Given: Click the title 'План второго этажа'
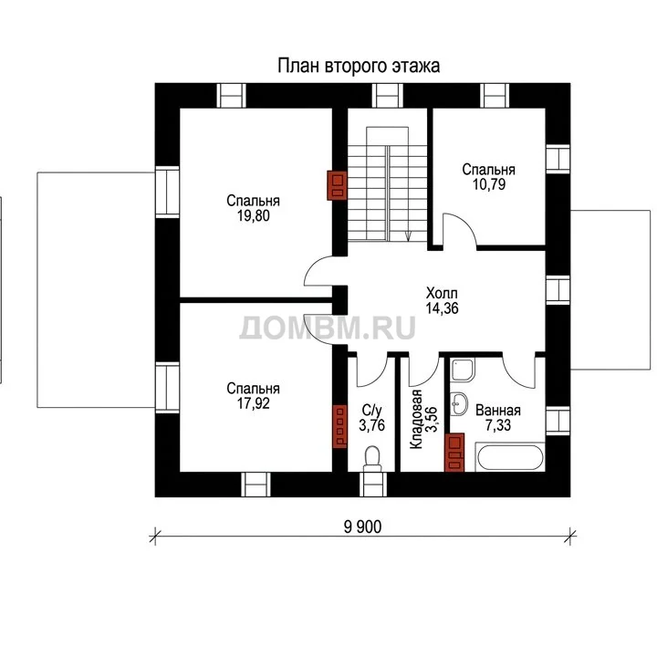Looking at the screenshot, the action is click(359, 67).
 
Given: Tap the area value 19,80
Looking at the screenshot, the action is click(253, 215).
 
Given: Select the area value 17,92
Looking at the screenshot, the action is click(253, 403).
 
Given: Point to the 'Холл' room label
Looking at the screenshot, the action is click(442, 293).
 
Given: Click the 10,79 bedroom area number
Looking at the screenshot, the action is click(489, 184).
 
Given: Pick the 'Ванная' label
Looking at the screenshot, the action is click(498, 411).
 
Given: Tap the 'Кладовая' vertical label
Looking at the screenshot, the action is click(416, 419).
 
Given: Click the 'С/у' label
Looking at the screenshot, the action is click(371, 411).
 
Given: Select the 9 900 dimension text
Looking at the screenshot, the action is click(363, 527).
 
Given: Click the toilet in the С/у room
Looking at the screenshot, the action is click(372, 458).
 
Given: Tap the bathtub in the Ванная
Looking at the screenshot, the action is click(510, 457).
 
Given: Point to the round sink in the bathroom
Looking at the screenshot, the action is click(461, 404).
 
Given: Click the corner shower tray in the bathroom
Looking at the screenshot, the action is click(463, 370).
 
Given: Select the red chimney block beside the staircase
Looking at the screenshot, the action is click(337, 185).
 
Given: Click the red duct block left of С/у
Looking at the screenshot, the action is click(339, 426).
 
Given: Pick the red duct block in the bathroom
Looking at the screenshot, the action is click(454, 453).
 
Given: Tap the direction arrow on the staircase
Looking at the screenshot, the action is click(409, 236).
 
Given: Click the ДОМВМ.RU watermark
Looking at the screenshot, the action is click(328, 327).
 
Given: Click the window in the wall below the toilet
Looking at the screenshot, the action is click(373, 485).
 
